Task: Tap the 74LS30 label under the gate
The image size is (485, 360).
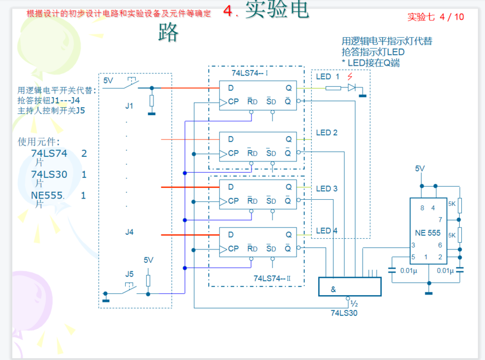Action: coord(344,312)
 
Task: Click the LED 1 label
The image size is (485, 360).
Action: coord(328,77)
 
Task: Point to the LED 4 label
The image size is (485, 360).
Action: coord(327,231)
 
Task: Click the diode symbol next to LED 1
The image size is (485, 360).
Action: coord(352,87)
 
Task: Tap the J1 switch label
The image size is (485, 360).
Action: coord(129,106)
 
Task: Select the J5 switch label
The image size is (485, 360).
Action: coord(129,274)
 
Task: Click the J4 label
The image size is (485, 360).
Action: coord(130,232)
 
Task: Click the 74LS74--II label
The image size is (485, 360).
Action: coord(272,278)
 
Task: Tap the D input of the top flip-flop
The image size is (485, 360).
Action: coord(231,88)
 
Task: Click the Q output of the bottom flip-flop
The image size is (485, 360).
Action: coord(288,235)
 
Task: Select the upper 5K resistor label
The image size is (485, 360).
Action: coord(452,204)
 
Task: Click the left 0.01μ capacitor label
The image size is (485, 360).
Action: coord(408,271)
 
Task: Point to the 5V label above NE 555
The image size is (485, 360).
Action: coord(420,168)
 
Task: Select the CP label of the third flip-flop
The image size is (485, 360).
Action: coord(233,201)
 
